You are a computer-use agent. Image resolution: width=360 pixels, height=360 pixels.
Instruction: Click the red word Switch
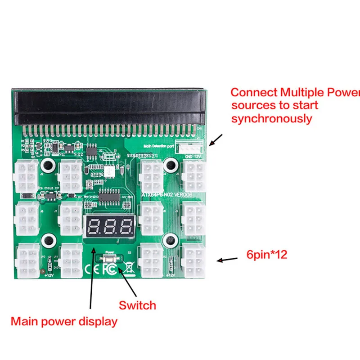[x=137, y=306]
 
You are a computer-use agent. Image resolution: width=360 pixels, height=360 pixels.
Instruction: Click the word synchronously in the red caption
[x=271, y=119]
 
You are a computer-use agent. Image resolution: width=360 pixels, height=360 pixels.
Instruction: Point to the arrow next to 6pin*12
[x=228, y=260]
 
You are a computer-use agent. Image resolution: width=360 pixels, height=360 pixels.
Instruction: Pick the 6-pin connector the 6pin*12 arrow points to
[x=193, y=261]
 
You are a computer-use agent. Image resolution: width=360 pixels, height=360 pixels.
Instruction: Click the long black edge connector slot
[x=108, y=107]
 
